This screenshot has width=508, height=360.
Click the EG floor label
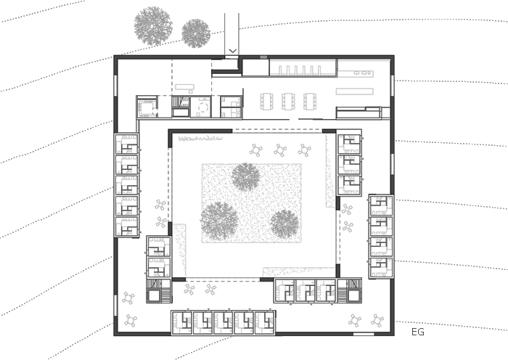pos(417,332)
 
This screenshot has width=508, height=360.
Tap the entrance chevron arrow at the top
pos(233,51)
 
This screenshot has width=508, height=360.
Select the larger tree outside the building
pos(153,25)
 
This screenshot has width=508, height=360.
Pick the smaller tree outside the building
pos(196,33)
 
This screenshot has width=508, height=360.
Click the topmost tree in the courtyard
pos(246,177)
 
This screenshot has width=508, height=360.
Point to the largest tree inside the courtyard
pos(219,221)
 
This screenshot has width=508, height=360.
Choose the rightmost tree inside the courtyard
pos(284,224)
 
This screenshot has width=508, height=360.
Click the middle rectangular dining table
pos(288,102)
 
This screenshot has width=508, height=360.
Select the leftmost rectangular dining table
pos(266,102)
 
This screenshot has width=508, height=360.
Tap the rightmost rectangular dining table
pos(310,102)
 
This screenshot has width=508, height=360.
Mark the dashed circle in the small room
pos(203,107)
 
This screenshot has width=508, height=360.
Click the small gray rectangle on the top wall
pos(263,57)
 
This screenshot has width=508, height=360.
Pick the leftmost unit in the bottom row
pos(181,323)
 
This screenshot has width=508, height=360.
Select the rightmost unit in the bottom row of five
pos(265,323)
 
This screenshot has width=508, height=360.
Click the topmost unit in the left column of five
pos(127,144)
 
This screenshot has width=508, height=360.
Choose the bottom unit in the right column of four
pos(381,268)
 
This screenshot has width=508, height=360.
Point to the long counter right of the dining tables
pos(354,91)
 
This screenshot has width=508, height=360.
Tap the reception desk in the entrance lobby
pos(184,87)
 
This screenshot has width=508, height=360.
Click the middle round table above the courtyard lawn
pos(280,150)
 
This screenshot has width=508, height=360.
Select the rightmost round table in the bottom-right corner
pos(377,321)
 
